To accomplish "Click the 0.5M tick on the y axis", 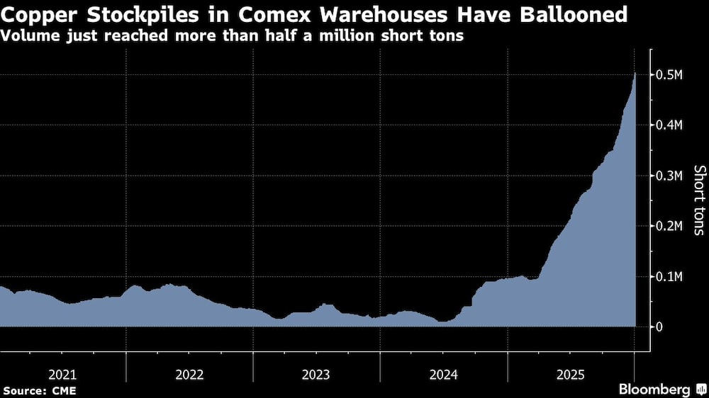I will click(670, 75).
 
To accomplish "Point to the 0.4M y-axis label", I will click(670, 125).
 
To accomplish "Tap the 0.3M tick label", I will click(670, 176).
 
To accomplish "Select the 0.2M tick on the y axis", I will click(670, 226).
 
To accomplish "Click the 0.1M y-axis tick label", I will click(670, 276).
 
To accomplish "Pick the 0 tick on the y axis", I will click(659, 326).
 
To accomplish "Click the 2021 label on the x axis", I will click(62, 373).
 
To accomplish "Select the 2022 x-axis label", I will click(189, 373).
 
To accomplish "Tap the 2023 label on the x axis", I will click(316, 373).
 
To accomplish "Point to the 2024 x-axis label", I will click(444, 373).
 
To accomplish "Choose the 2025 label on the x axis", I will click(571, 373).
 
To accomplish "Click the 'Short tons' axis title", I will click(698, 200).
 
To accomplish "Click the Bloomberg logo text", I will click(654, 390).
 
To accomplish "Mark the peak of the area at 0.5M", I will click(635, 73).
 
